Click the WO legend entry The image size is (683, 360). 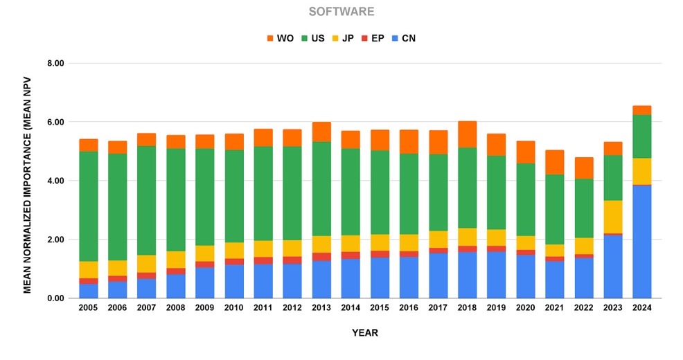280,38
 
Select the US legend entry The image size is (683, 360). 312,38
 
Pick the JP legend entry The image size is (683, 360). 343,38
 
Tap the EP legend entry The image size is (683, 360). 373,38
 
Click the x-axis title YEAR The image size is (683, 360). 364,333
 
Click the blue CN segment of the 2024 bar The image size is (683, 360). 642,242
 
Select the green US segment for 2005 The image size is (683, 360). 89,206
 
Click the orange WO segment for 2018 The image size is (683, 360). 468,134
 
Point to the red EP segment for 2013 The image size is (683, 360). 321,257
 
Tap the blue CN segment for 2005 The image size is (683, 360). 89,291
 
